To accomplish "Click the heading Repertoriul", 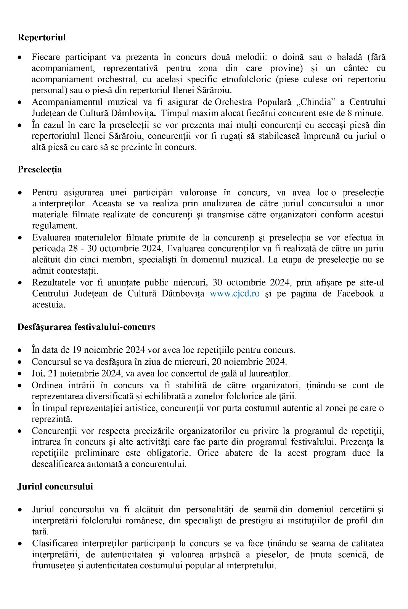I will pos(42,37).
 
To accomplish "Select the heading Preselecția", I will pos(40,169).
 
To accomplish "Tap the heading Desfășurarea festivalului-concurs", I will pos(86,327).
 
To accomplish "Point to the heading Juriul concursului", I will pos(55,486).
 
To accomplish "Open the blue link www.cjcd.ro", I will pos(235,293).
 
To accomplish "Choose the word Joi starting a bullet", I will pos(38,373).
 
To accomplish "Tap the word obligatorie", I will pos(169,453).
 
